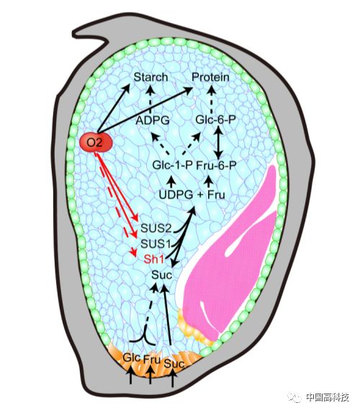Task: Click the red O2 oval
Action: click(x=96, y=142)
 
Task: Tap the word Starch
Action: click(x=150, y=77)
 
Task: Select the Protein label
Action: click(x=210, y=77)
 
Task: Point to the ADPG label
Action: click(x=153, y=121)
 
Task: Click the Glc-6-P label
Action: click(x=215, y=120)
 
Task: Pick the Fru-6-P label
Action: click(x=217, y=165)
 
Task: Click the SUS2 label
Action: click(x=156, y=228)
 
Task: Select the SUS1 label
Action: click(x=156, y=244)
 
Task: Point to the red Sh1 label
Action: click(x=154, y=260)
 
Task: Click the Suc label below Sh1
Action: click(x=162, y=276)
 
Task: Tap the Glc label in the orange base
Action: click(x=132, y=358)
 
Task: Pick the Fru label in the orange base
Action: click(x=152, y=359)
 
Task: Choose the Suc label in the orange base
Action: click(x=174, y=363)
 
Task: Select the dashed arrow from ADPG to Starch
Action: click(x=150, y=101)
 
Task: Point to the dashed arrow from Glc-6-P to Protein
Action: click(x=212, y=101)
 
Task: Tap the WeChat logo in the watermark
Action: click(x=294, y=397)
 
